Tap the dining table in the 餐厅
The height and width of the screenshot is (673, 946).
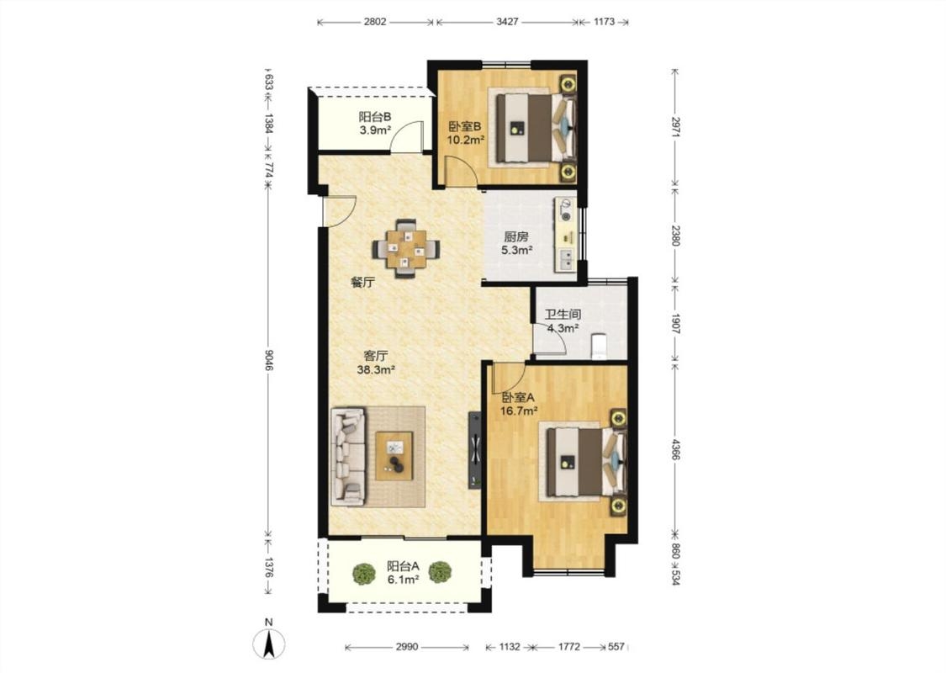click(x=406, y=249)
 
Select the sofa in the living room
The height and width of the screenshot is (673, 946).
click(x=348, y=456)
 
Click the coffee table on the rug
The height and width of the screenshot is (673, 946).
click(x=394, y=456)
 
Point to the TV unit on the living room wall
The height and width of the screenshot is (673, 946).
click(x=475, y=450)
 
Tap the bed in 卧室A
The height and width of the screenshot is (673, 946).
click(x=584, y=463)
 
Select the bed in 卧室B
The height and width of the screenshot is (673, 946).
click(x=534, y=127)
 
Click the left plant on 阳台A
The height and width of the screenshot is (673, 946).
click(x=364, y=573)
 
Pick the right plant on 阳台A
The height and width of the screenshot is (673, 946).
click(x=441, y=573)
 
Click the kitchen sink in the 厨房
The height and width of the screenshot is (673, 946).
click(x=567, y=260)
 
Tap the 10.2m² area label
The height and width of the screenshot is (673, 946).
click(x=466, y=140)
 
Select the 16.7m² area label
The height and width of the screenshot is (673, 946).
click(x=519, y=411)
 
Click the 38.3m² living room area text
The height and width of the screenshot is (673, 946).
click(x=376, y=369)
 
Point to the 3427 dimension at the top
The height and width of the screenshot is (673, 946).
click(x=507, y=22)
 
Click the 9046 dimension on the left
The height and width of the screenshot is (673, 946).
click(x=269, y=360)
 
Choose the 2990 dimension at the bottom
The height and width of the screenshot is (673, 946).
click(x=407, y=647)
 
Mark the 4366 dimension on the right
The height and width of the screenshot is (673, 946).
click(x=675, y=451)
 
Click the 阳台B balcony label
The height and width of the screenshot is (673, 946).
click(x=375, y=116)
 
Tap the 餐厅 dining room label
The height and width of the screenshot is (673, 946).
click(x=363, y=282)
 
